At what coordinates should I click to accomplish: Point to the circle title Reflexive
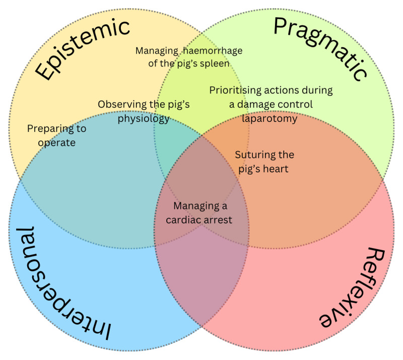click(x=347, y=287)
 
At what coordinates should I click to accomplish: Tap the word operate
click(x=58, y=143)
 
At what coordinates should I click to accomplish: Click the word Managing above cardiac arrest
click(x=200, y=206)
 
